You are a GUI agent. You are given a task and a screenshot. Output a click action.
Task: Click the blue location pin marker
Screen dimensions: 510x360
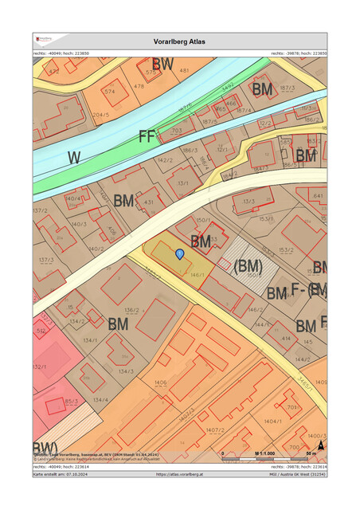[x=180, y=253]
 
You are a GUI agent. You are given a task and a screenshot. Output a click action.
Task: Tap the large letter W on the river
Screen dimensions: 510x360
[x=74, y=158]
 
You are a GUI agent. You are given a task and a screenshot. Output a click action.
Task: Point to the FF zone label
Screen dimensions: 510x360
[x=147, y=136]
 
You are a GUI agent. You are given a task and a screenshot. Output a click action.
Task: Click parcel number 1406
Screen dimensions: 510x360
[x=160, y=382]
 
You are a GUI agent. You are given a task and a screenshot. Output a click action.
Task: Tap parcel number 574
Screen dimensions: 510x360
[x=109, y=92]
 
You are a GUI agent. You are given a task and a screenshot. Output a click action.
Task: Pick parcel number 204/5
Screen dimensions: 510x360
[x=101, y=114]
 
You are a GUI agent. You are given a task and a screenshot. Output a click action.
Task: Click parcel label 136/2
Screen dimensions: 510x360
[x=132, y=310]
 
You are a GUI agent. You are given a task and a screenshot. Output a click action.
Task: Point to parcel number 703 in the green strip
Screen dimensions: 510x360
[x=177, y=130]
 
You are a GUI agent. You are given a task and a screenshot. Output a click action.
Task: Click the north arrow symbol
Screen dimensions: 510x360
[x=320, y=448]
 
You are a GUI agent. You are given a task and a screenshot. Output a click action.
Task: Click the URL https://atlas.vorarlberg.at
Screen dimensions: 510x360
[x=180, y=473]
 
